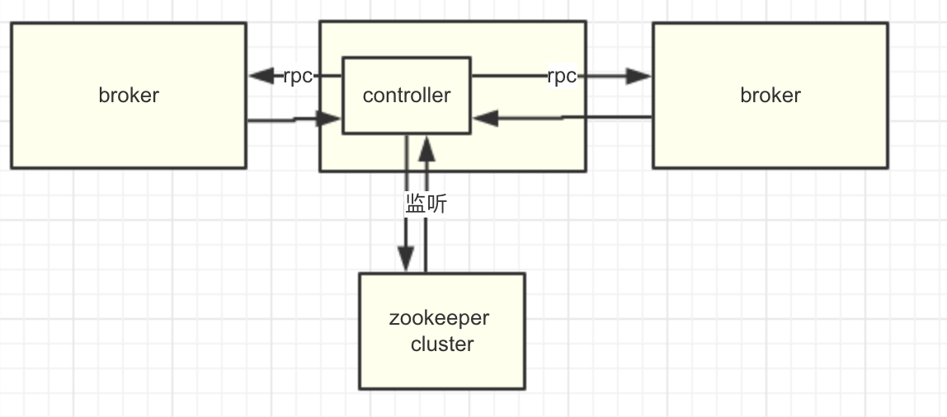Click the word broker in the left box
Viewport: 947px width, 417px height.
[x=129, y=95]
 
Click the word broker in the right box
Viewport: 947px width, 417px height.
[x=770, y=95]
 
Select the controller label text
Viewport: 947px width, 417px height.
[x=407, y=95]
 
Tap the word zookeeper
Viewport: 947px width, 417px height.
[x=439, y=318]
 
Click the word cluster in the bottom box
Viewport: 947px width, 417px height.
[x=442, y=344]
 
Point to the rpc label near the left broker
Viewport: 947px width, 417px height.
[x=298, y=76]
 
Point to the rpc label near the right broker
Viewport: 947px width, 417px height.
[x=562, y=76]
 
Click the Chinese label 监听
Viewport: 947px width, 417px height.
[x=426, y=204]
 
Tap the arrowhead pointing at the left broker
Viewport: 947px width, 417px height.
[x=261, y=76]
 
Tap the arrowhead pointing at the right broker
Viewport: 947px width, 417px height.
[x=639, y=76]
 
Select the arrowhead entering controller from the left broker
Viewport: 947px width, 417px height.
[x=330, y=119]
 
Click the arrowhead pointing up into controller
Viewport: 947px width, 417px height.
[x=426, y=148]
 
